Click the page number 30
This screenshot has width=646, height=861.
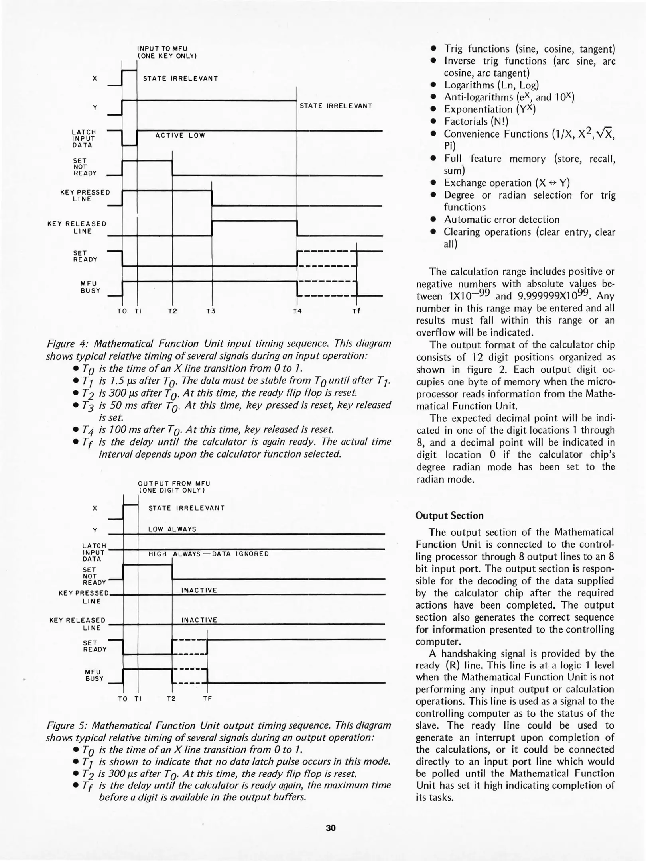[x=331, y=828]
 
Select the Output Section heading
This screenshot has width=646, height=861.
[x=449, y=515]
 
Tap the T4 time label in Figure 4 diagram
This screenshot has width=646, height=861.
[x=297, y=311]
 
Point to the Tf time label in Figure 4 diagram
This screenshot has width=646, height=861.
[x=356, y=311]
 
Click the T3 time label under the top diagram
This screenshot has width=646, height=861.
[x=211, y=311]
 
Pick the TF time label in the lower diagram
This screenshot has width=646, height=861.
[x=207, y=698]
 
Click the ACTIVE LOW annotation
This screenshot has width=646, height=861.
[x=180, y=136]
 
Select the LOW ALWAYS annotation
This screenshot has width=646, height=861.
[x=172, y=529]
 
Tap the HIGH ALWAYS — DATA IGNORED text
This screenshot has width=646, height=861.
[x=209, y=554]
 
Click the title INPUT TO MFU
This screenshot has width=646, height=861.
[x=162, y=49]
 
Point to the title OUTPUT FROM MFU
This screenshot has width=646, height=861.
[x=174, y=483]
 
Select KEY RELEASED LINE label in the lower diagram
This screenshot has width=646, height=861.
[x=78, y=624]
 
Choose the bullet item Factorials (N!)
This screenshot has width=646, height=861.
[x=476, y=121]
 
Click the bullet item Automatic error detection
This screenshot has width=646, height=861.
[x=502, y=220]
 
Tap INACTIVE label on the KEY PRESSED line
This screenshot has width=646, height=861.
[x=199, y=590]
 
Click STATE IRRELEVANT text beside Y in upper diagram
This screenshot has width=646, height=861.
[x=336, y=106]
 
